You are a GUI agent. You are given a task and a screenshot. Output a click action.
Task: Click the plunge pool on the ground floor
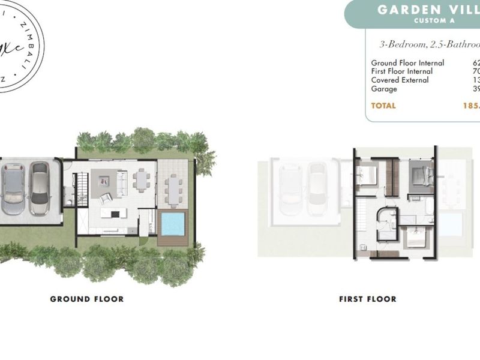point(173,224)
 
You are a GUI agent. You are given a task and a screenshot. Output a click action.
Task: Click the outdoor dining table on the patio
point(174,189)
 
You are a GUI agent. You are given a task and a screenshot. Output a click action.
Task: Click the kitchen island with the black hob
point(112,214)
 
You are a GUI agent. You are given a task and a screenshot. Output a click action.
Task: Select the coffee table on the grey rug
point(103,179)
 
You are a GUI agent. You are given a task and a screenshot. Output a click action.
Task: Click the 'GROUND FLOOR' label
point(86,299)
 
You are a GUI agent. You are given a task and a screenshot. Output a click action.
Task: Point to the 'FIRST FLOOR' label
point(367,299)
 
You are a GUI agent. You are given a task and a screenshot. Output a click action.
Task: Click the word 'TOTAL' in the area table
point(383,106)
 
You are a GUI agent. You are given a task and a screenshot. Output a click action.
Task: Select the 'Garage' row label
point(384,89)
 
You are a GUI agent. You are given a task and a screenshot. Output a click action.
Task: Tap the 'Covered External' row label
point(400,80)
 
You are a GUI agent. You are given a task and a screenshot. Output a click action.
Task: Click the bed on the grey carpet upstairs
point(422,175)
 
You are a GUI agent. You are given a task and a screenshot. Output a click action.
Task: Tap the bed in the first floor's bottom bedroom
point(415,241)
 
